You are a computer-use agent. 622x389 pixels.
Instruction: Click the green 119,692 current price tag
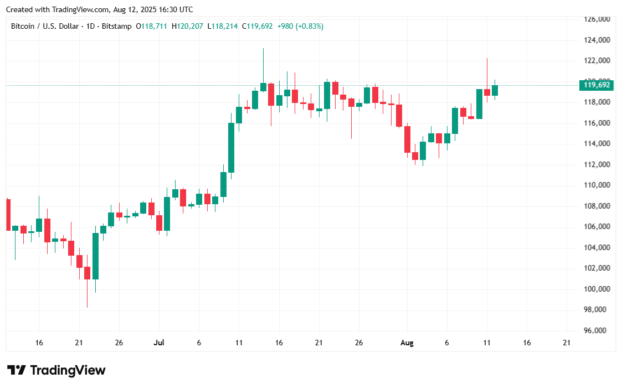(596, 85)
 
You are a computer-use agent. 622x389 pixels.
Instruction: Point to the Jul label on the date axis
(159, 343)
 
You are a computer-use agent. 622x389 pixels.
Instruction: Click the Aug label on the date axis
(407, 343)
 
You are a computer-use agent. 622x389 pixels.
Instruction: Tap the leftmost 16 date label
(39, 343)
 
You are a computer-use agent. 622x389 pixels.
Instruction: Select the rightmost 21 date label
(567, 343)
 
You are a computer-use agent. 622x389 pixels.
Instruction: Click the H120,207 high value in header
(187, 26)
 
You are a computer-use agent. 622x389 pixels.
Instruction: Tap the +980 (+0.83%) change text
(300, 26)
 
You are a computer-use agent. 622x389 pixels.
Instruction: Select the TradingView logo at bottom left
(56, 370)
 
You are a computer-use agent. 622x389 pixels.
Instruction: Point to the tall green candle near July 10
(231, 148)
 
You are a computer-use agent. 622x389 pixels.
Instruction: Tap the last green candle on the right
(495, 90)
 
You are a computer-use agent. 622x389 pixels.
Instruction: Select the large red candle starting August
(407, 139)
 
